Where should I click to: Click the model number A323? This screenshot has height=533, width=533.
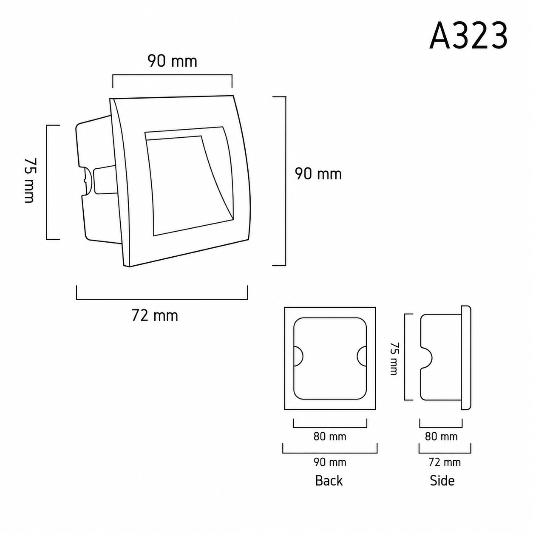(x=468, y=36)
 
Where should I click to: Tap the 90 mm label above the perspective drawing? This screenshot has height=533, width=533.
(x=172, y=61)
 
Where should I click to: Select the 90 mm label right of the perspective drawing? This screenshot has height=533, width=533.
(x=318, y=174)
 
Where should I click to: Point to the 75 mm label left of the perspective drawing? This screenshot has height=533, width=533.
(x=30, y=180)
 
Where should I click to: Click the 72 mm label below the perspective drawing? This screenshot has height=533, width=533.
(x=155, y=316)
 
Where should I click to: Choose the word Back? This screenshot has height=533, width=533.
(x=329, y=480)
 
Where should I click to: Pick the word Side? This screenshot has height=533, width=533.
(x=442, y=480)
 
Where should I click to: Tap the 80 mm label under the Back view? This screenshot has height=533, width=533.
(x=330, y=437)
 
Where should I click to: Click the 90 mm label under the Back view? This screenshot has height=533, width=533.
(x=330, y=462)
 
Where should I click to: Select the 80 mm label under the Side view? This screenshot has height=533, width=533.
(x=441, y=437)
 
